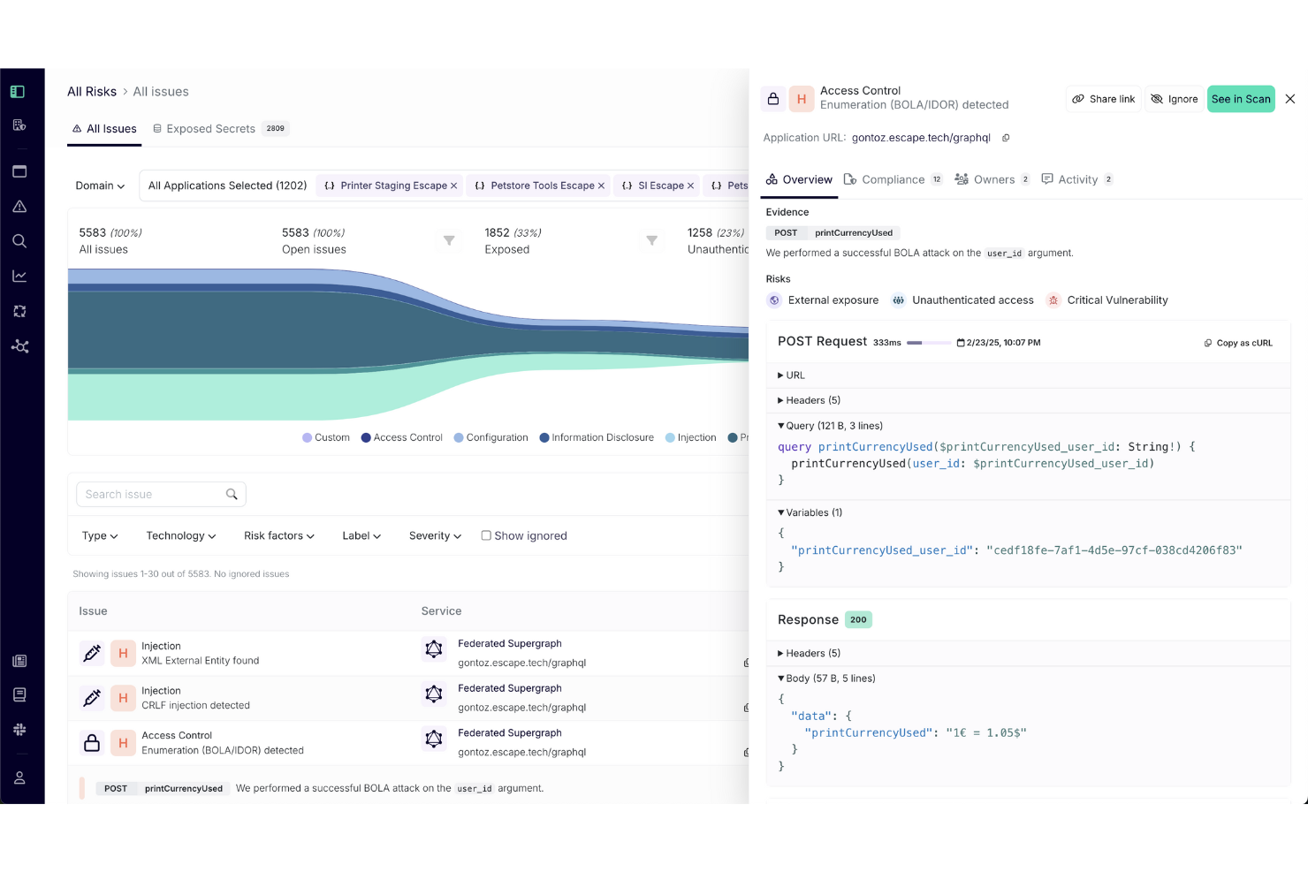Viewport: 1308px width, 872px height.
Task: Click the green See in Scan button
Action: pyautogui.click(x=1241, y=99)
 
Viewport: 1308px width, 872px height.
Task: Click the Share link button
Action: pyautogui.click(x=1104, y=99)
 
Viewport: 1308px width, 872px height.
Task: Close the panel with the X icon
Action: pyautogui.click(x=1290, y=99)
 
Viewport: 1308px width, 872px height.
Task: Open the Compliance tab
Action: pyautogui.click(x=893, y=179)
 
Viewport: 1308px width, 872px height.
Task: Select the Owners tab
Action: pyautogui.click(x=992, y=179)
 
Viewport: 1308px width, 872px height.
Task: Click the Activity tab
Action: pyautogui.click(x=1076, y=179)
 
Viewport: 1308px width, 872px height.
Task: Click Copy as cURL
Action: pyautogui.click(x=1238, y=343)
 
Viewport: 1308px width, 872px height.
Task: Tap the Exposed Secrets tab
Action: pyautogui.click(x=210, y=129)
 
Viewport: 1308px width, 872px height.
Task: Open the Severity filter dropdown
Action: pyautogui.click(x=435, y=536)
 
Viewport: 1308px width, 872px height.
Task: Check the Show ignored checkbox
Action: pyautogui.click(x=486, y=535)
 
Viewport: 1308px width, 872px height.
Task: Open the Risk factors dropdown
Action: pyautogui.click(x=278, y=536)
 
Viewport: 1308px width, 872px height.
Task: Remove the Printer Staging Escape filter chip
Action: pyautogui.click(x=454, y=186)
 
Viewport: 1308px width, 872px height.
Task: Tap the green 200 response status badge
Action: pyautogui.click(x=858, y=619)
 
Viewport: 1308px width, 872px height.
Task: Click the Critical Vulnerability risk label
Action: pyautogui.click(x=1117, y=300)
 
